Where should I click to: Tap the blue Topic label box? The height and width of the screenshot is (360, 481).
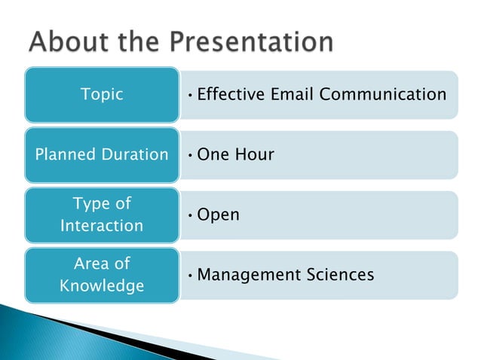(102, 95)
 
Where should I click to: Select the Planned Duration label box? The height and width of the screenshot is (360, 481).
(102, 154)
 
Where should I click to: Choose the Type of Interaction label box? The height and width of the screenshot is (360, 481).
(102, 215)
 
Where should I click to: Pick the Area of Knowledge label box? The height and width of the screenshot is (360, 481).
(102, 275)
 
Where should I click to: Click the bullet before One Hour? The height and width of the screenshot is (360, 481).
(191, 155)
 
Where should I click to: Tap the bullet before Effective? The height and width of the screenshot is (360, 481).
(191, 95)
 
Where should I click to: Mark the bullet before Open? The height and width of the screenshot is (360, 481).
(191, 215)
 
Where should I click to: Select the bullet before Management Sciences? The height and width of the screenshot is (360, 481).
(191, 276)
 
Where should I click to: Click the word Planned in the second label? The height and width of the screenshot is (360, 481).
(66, 155)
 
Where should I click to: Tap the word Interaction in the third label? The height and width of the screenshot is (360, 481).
(102, 226)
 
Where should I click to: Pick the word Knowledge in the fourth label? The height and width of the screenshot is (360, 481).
(102, 286)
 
